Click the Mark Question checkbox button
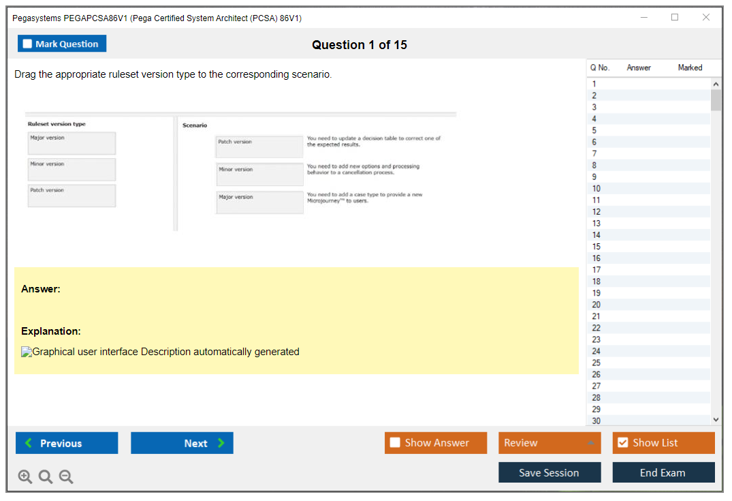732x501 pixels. click(x=62, y=44)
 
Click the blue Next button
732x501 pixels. click(x=182, y=443)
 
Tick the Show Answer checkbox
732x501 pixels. click(x=395, y=442)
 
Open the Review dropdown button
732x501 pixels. click(x=550, y=443)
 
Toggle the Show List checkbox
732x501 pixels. click(x=623, y=442)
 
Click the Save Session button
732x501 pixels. click(x=550, y=472)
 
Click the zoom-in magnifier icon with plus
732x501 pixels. click(x=25, y=476)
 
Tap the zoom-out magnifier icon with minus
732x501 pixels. click(x=66, y=476)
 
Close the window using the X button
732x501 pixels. click(x=706, y=17)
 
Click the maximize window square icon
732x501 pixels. click(x=675, y=17)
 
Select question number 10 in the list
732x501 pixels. click(x=596, y=188)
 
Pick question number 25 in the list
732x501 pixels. click(x=596, y=363)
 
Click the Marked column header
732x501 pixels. click(x=690, y=67)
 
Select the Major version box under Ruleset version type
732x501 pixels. click(x=72, y=143)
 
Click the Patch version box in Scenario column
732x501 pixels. click(x=259, y=147)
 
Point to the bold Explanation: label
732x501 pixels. click(x=51, y=331)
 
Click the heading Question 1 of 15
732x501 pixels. click(x=360, y=45)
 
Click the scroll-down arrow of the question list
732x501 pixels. click(x=716, y=420)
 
